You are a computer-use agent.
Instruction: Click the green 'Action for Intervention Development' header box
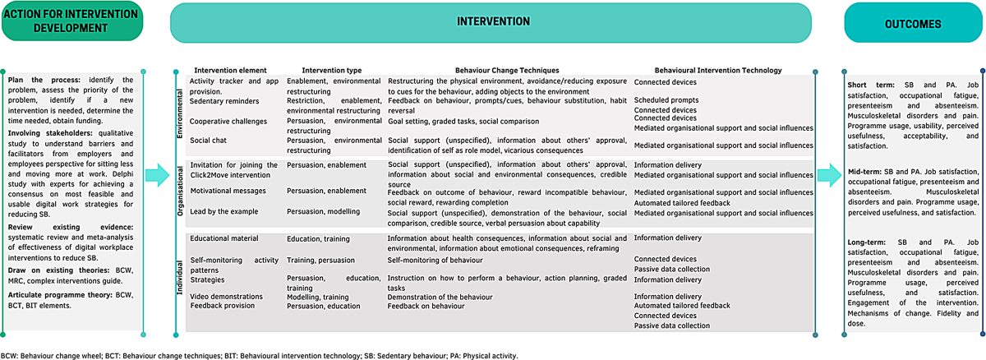click(71, 22)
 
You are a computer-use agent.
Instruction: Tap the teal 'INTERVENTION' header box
click(493, 22)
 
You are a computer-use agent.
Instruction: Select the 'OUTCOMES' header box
click(913, 24)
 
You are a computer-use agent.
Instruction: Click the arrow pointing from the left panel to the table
click(157, 173)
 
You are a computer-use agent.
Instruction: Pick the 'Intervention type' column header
click(326, 71)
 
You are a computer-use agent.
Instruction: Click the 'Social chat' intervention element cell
click(209, 141)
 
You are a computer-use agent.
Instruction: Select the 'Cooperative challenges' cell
click(228, 121)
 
